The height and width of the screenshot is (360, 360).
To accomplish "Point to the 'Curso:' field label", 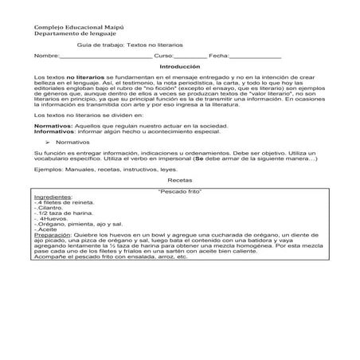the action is [164, 57].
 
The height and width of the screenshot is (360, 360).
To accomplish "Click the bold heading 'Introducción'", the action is [180, 67].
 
